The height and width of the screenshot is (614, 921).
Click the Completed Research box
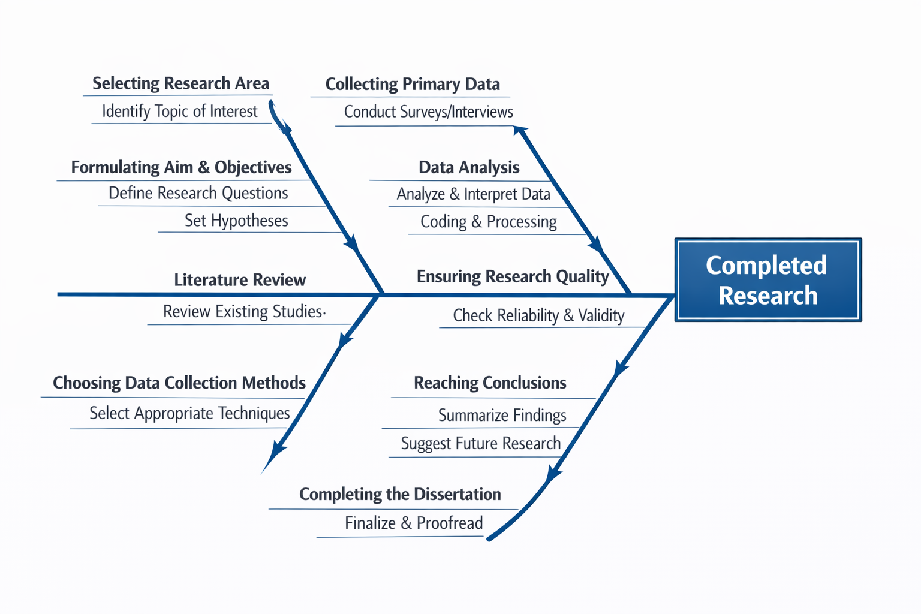pos(767,280)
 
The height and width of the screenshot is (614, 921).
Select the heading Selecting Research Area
pos(180,83)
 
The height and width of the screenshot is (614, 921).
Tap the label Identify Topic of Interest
pos(179,112)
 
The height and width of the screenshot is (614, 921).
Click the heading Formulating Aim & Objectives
pos(181,167)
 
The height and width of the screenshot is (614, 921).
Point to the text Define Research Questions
pos(198,193)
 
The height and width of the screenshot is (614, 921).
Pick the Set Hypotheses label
pos(236,221)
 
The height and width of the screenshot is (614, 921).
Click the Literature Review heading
pos(240,280)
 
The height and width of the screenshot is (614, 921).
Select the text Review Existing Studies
pos(243,312)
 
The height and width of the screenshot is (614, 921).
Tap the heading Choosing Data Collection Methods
pos(179,383)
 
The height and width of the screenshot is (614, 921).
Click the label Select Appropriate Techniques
pos(189,413)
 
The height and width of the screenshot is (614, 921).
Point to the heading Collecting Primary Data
pos(413,85)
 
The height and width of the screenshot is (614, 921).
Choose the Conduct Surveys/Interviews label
pos(428,112)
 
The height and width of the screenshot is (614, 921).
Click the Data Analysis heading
pos(469,167)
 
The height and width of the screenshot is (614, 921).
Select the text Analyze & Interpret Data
pos(473,194)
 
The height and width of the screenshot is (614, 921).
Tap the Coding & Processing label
pos(488,222)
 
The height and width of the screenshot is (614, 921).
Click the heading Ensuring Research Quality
pos(513,276)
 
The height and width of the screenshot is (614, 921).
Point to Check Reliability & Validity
pos(538,315)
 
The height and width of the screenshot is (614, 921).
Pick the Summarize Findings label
pos(502,415)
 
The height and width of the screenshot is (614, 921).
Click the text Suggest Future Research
pos(480,444)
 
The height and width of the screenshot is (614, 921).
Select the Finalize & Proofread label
pos(414,523)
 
